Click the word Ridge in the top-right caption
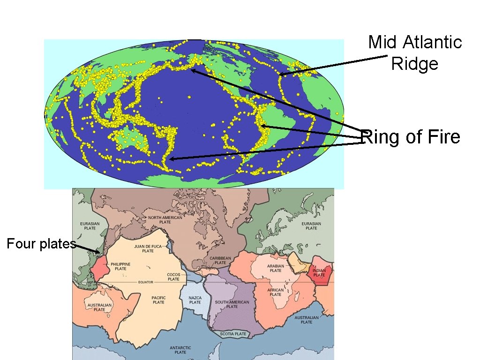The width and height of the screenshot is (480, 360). [x=414, y=63]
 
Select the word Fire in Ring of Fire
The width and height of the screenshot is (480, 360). [x=443, y=137]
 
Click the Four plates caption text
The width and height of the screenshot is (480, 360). [x=41, y=244]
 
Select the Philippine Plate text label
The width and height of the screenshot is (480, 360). [x=120, y=266]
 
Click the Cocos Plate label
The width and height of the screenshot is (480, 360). [x=173, y=277]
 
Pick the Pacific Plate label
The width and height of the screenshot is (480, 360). [x=158, y=300]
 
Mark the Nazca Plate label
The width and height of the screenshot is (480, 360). [x=195, y=300]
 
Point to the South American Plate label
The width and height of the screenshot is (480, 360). [x=232, y=304]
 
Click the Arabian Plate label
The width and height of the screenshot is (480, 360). [x=276, y=268]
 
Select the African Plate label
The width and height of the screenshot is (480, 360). [x=276, y=292]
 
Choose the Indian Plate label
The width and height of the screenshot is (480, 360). [x=319, y=272]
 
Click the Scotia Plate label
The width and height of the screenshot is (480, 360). [x=233, y=334]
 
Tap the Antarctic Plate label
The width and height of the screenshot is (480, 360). [x=180, y=350]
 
